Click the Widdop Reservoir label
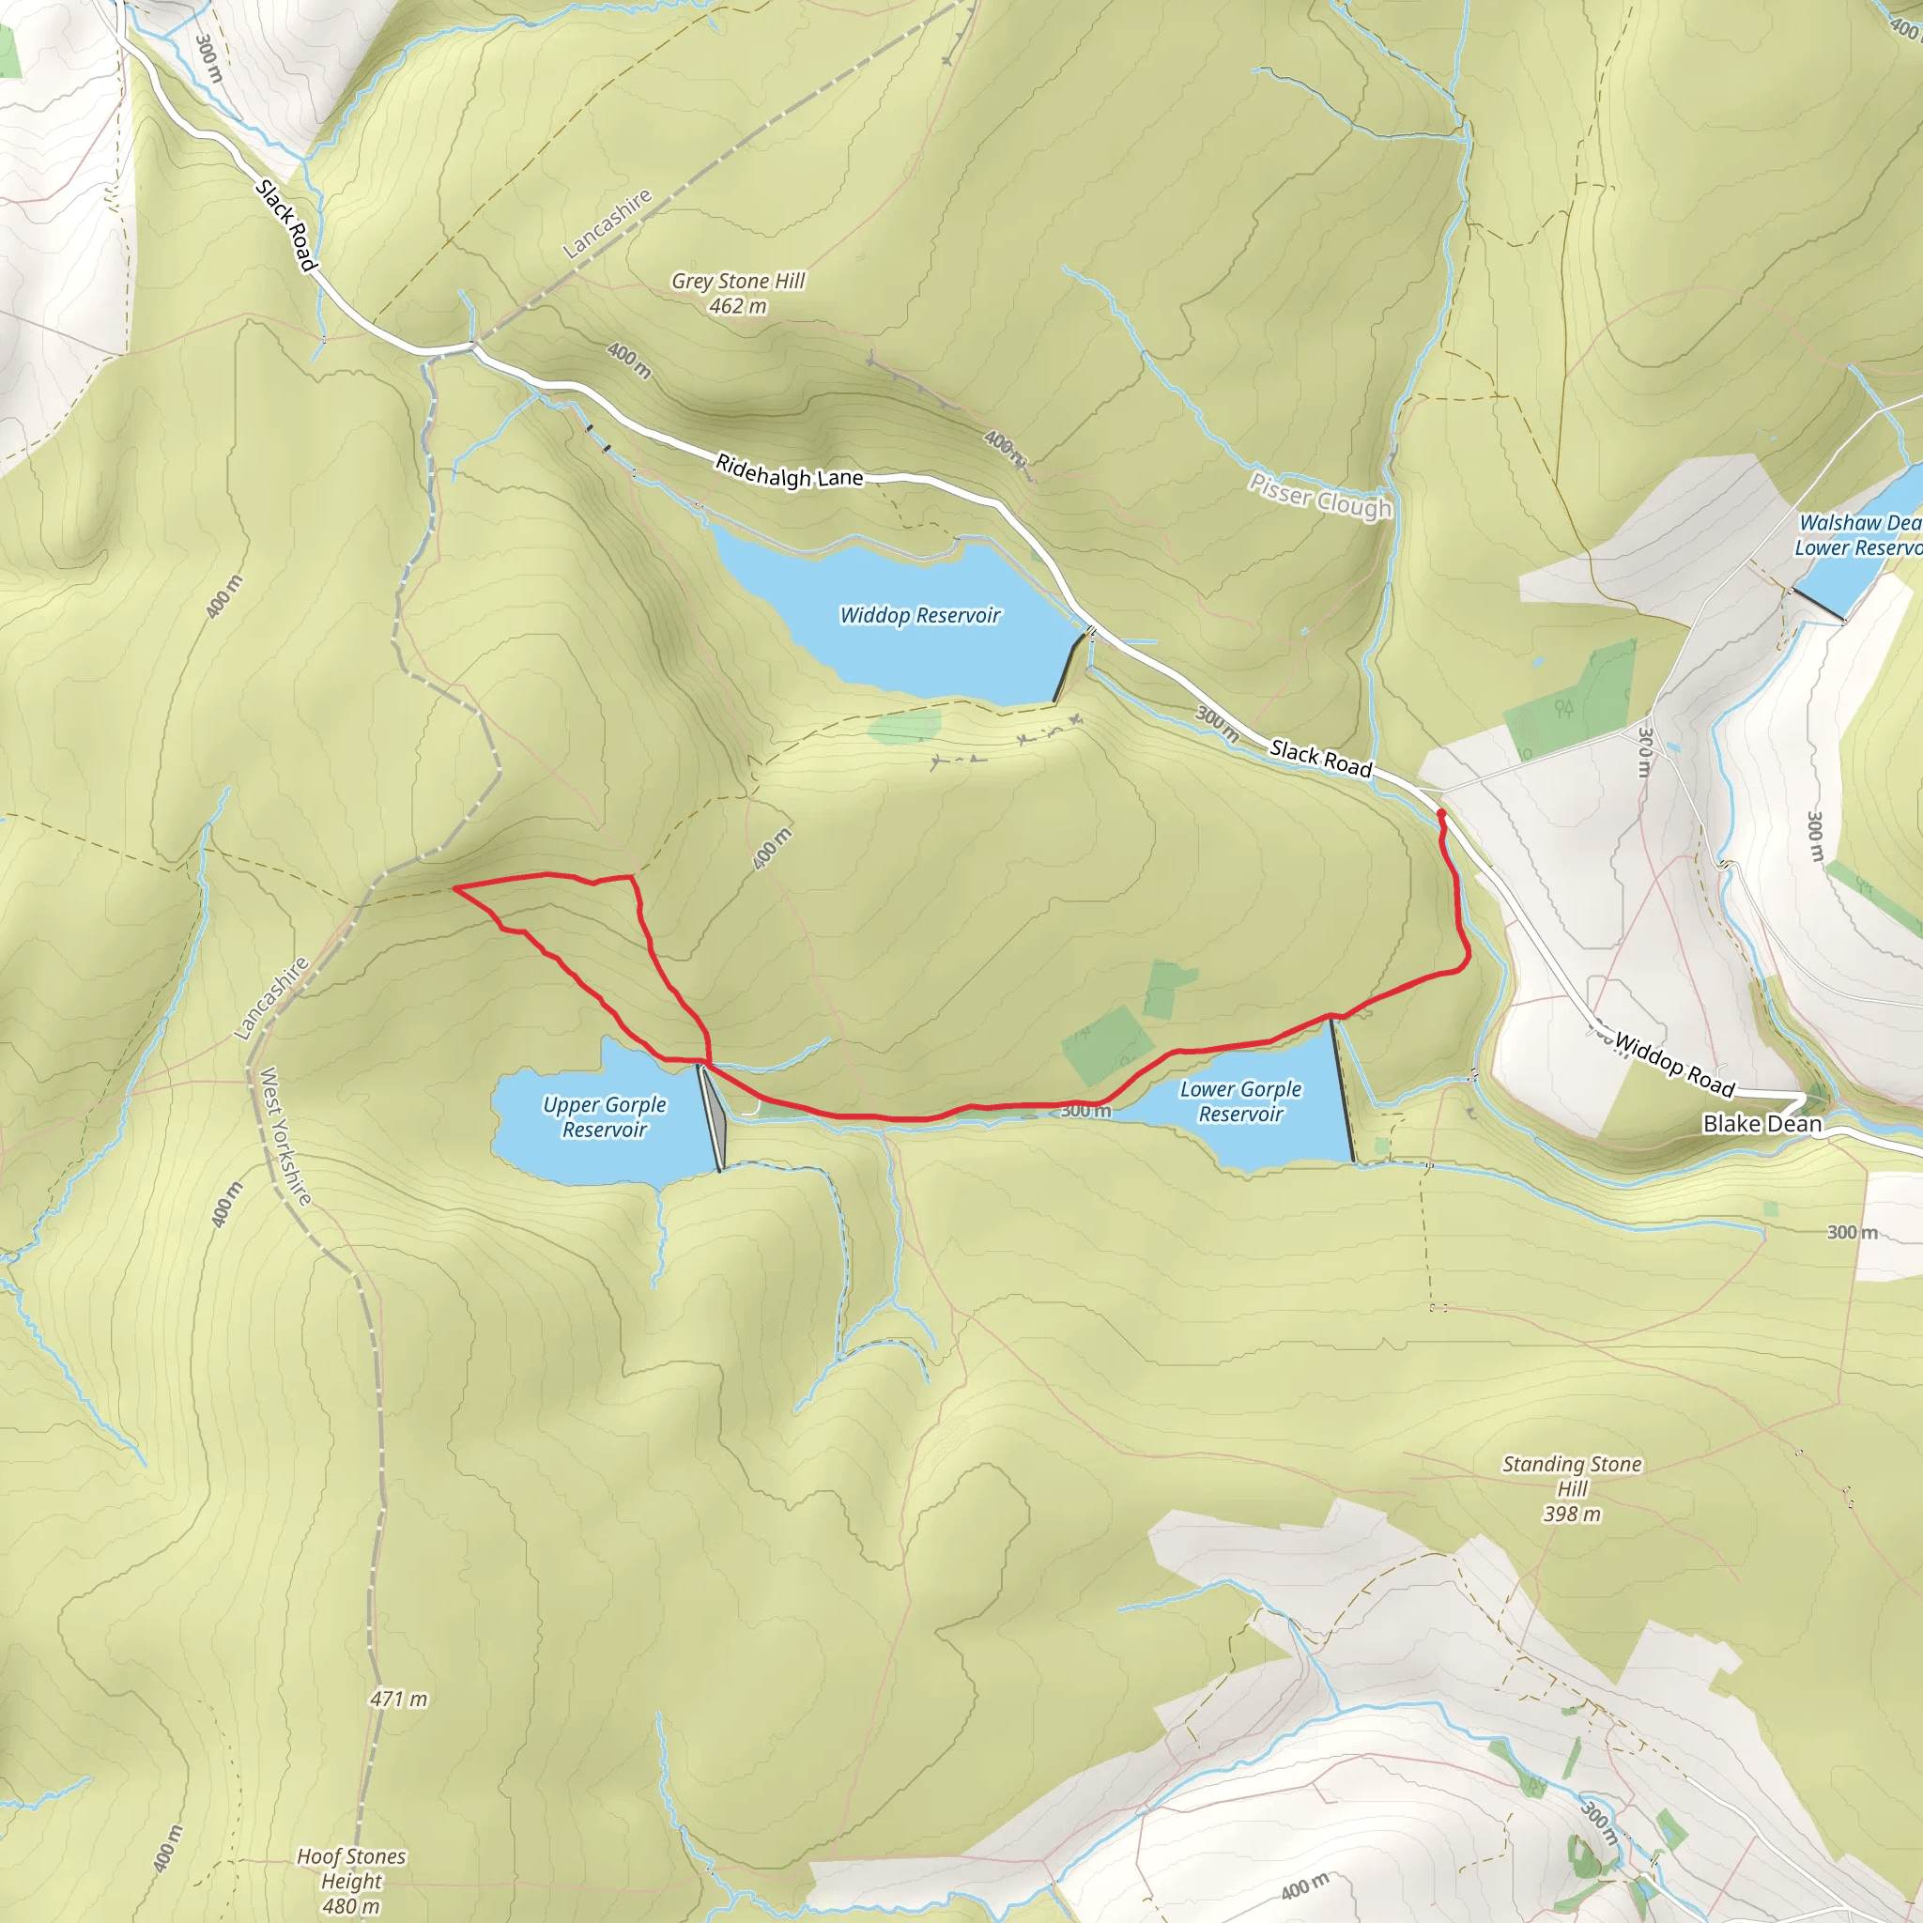point(919,615)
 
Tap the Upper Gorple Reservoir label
point(604,1116)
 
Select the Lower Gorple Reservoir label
point(1240,1101)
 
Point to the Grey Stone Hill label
point(737,282)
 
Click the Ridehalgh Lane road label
point(789,471)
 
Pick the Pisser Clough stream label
point(1320,496)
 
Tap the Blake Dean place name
point(1761,1124)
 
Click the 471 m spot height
point(398,1699)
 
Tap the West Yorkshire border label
point(285,1136)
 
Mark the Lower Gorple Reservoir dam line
point(1343,1090)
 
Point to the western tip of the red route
point(454,886)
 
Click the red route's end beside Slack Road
point(1441,814)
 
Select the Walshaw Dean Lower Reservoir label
point(1858,534)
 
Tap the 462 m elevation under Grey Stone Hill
point(737,306)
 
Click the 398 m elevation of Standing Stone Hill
point(1572,1514)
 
